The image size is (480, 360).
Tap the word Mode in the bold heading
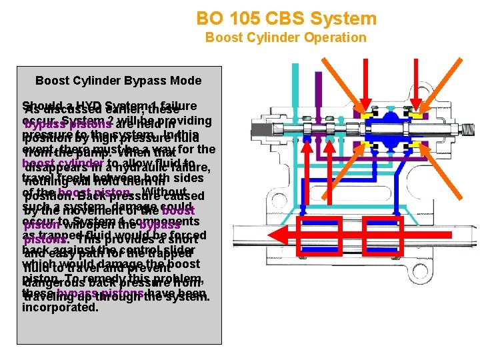(185, 81)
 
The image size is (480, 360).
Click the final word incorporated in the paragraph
(59, 307)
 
